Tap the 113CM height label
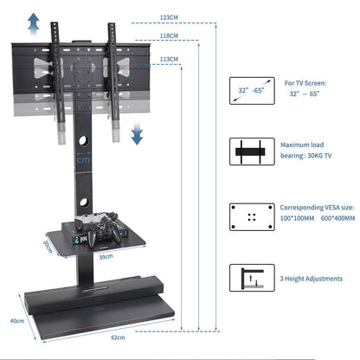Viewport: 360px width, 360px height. [x=170, y=59]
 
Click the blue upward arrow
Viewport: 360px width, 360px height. [x=33, y=22]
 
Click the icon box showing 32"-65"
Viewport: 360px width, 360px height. [x=252, y=89]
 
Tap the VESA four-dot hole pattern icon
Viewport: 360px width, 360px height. [x=252, y=215]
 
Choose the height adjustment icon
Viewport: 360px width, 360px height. [x=252, y=279]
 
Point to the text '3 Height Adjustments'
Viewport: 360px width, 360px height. [x=311, y=278]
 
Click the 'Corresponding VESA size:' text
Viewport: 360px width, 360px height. [x=317, y=209]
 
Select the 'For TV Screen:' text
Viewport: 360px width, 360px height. [x=305, y=82]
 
